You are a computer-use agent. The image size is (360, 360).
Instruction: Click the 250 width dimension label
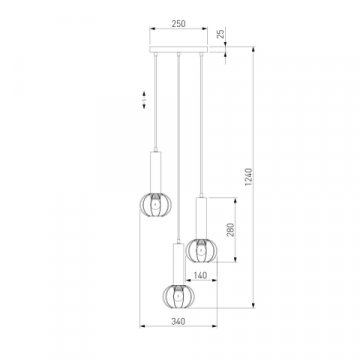[178, 24]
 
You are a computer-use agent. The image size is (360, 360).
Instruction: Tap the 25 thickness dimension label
[220, 34]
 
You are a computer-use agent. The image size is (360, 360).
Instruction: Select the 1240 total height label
[249, 177]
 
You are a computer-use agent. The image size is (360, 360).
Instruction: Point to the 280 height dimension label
[231, 230]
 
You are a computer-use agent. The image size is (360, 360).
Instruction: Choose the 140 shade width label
[200, 275]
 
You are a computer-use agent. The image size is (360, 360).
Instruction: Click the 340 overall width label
[178, 322]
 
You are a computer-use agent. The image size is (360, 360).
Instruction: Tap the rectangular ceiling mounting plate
[178, 49]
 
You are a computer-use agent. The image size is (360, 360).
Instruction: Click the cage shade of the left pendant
[156, 204]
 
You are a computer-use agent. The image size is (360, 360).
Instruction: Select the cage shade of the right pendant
[201, 250]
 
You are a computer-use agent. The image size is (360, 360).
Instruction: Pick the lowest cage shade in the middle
[179, 296]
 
